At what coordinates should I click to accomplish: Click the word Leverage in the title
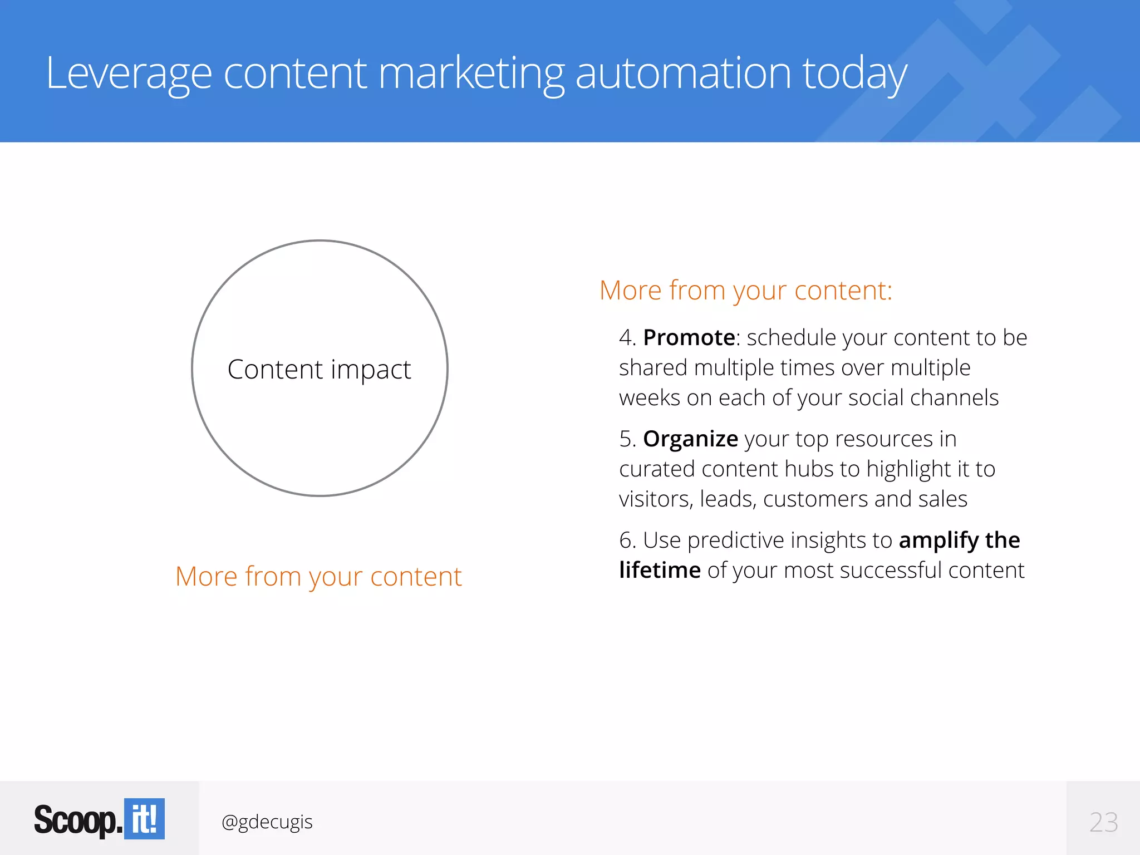tap(129, 73)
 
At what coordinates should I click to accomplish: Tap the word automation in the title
tap(683, 73)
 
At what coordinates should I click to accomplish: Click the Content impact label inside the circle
tap(320, 370)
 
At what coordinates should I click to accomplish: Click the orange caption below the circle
tap(318, 577)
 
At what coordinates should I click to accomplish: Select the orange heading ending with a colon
tap(746, 291)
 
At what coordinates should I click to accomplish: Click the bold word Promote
tap(689, 338)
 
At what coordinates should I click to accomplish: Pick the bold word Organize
tap(690, 439)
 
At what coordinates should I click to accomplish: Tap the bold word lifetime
tap(660, 571)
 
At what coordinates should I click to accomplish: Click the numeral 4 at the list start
tap(626, 338)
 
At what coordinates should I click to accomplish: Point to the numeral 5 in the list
tap(626, 439)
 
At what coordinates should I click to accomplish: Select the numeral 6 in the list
tap(626, 540)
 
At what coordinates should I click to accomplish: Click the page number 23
tap(1103, 822)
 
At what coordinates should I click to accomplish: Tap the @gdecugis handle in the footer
tap(267, 822)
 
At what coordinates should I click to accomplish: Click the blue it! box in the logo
tap(144, 819)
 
